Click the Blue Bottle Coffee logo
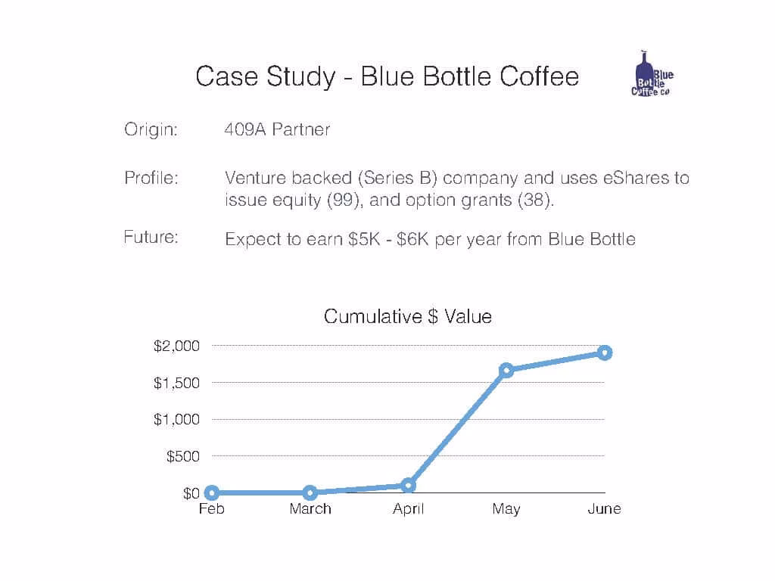(x=652, y=74)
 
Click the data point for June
(x=605, y=353)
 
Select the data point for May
(x=506, y=370)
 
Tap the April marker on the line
(x=408, y=486)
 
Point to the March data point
(x=310, y=492)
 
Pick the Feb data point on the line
(x=212, y=492)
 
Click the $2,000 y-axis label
(x=176, y=346)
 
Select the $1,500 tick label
(x=176, y=383)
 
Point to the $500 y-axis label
(x=183, y=456)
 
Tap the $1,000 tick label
(x=176, y=419)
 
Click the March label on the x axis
(x=310, y=509)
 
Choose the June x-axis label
(x=604, y=509)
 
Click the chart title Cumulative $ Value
(x=408, y=316)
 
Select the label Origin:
(x=151, y=129)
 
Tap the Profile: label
(x=151, y=178)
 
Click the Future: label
(x=151, y=237)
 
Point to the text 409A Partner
(x=277, y=129)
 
